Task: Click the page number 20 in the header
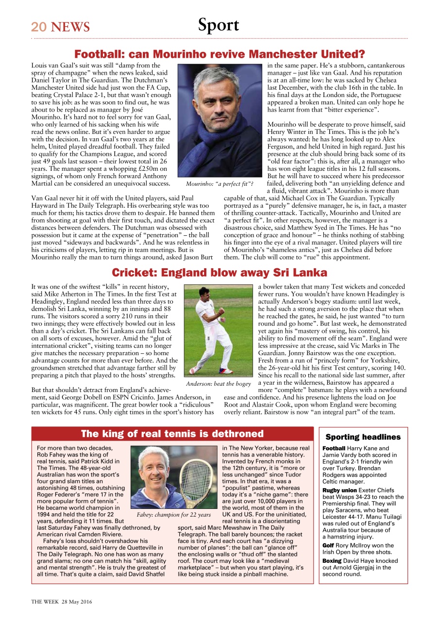(39, 27)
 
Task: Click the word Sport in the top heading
(219, 25)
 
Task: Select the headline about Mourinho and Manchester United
(219, 54)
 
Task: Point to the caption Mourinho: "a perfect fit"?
(219, 184)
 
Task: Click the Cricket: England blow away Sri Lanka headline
(219, 272)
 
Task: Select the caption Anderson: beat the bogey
(218, 384)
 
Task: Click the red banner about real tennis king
(172, 434)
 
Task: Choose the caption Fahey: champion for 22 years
(174, 515)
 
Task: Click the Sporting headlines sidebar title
(363, 437)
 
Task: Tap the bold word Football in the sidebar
(334, 448)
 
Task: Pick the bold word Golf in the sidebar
(328, 545)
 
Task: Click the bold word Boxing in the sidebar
(332, 560)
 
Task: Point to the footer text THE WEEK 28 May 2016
(62, 602)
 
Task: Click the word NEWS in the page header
(70, 27)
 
